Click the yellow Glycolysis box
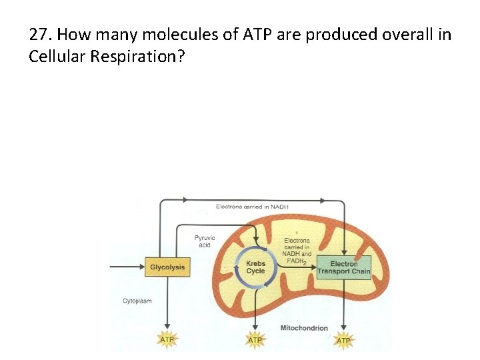(167, 267)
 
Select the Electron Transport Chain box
(343, 267)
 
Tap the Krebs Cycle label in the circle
(255, 267)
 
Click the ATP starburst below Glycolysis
(167, 340)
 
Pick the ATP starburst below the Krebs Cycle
(255, 340)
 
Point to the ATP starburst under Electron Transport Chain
(343, 340)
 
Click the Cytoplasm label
(137, 301)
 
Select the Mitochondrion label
(304, 328)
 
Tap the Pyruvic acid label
(203, 241)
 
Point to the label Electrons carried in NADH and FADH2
(297, 251)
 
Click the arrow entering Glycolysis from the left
(127, 267)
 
